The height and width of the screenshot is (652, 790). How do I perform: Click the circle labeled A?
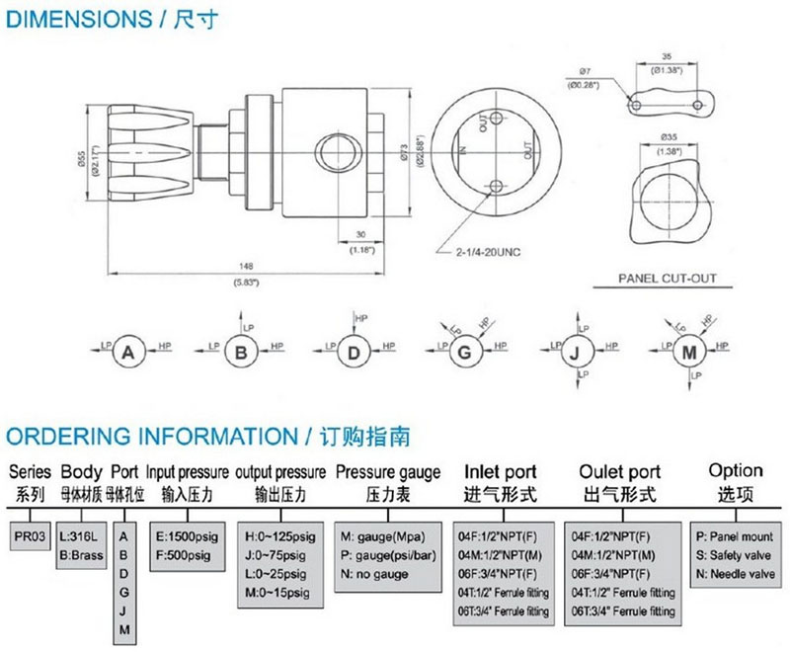128,351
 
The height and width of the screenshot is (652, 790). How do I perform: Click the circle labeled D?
353,351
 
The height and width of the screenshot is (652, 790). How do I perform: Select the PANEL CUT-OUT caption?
668,279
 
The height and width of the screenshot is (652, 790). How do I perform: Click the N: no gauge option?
376,573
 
